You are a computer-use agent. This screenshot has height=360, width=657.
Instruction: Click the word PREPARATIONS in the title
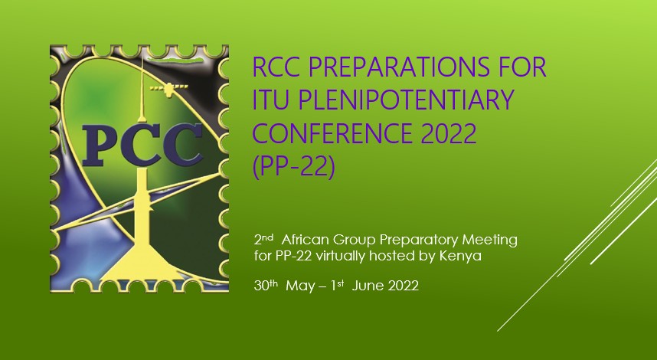399,67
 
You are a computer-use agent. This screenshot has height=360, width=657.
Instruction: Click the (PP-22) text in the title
294,166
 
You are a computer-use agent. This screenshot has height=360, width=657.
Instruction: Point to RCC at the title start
276,67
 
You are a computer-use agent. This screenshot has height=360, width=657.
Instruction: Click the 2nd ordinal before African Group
263,239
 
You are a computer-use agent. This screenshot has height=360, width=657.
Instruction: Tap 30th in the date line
266,285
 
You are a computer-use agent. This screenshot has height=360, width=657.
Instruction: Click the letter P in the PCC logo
100,145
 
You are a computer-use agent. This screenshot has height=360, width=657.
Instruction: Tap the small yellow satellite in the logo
169,88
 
